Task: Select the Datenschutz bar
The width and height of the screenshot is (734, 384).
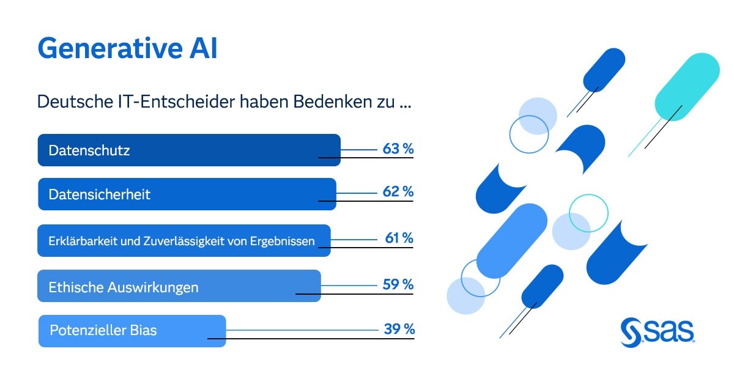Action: (188, 150)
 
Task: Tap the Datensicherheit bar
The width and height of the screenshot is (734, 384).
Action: (187, 194)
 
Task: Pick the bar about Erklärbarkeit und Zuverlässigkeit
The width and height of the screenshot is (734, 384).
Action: (183, 241)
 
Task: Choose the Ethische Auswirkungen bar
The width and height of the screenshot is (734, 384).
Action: (179, 286)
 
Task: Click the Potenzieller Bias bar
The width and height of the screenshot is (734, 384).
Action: (132, 331)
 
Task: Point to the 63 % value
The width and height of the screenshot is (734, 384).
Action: (398, 149)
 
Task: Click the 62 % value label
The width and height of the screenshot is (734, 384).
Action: (398, 192)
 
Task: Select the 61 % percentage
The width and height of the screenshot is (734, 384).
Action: (399, 238)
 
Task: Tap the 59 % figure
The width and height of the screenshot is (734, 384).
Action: (398, 284)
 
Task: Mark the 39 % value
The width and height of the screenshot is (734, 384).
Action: (399, 329)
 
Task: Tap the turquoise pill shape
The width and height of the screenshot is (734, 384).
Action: (686, 87)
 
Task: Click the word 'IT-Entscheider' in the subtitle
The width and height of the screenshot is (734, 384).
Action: (166, 102)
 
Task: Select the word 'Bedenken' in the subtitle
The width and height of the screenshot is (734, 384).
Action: (325, 102)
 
